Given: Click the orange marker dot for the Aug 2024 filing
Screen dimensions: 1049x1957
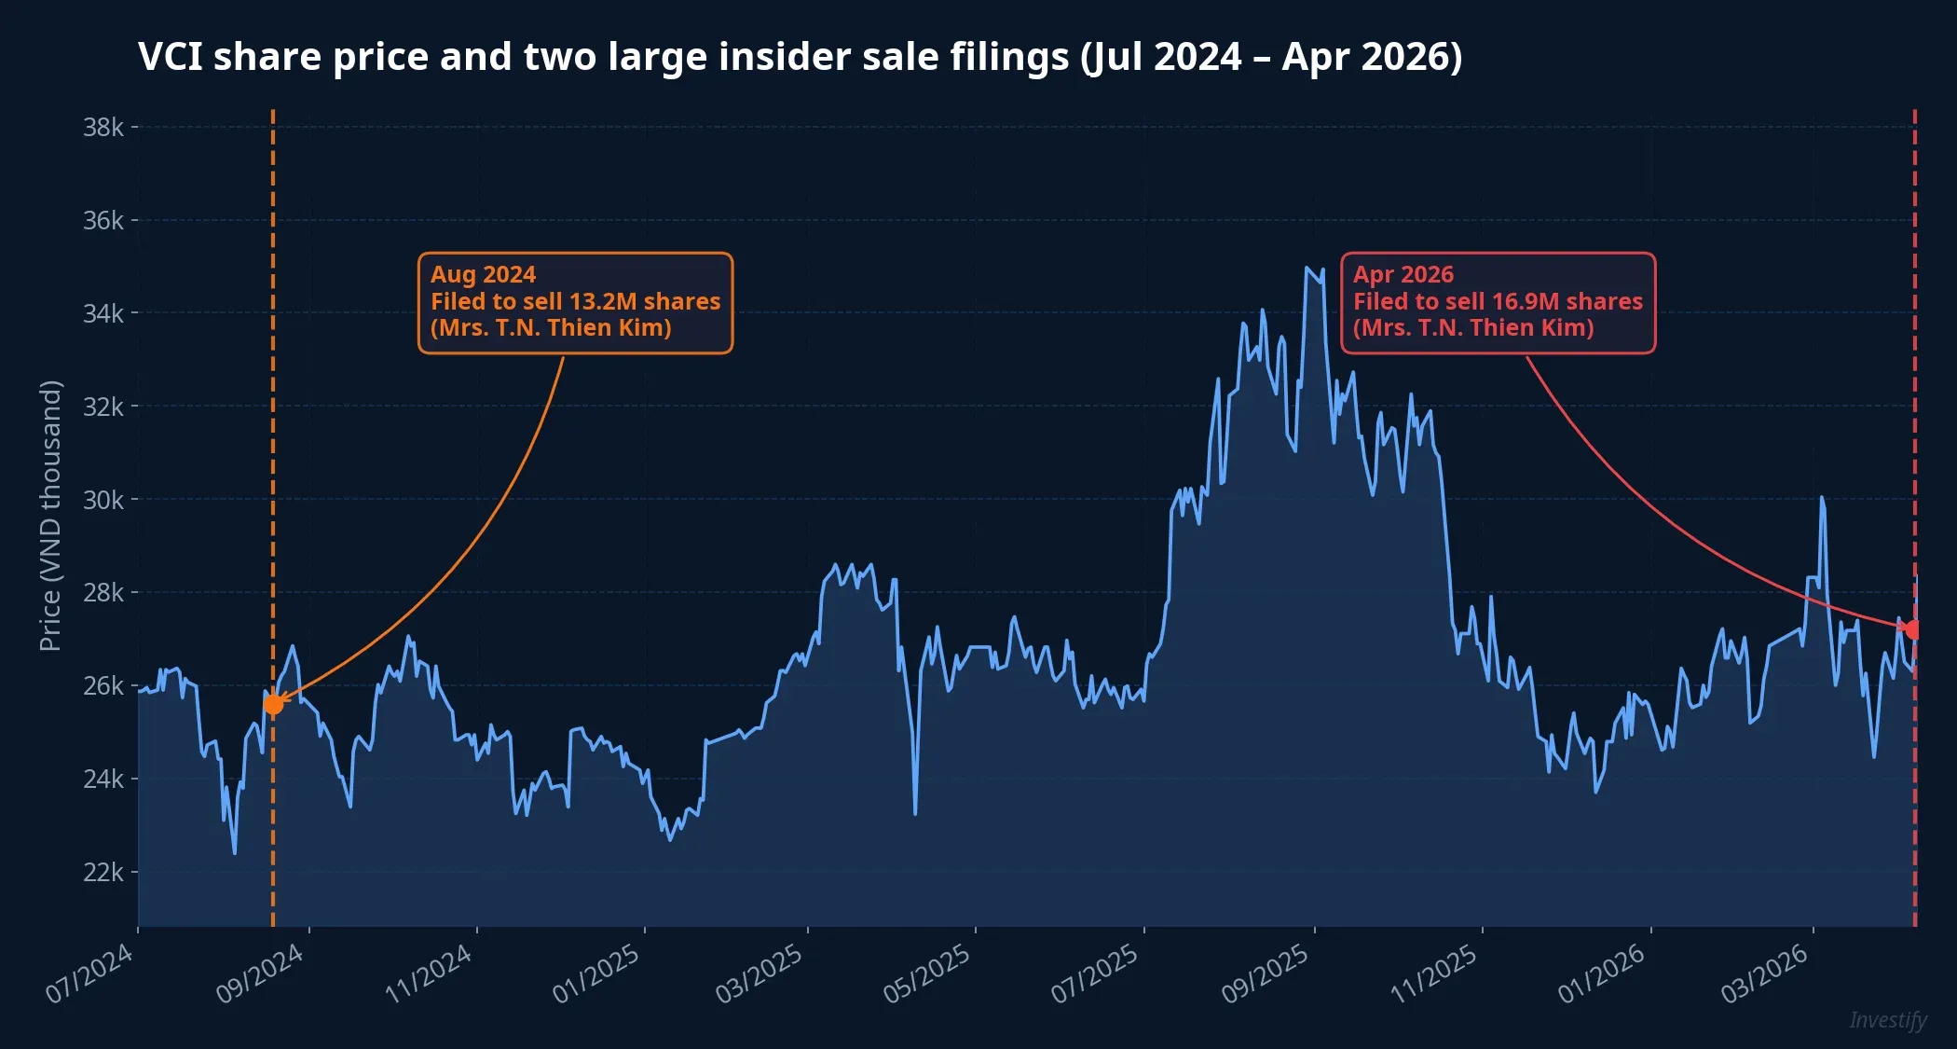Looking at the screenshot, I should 273,704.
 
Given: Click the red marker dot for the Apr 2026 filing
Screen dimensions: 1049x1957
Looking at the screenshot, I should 1912,630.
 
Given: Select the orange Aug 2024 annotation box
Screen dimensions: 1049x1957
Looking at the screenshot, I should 575,303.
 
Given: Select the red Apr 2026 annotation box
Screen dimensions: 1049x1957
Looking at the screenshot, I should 1498,303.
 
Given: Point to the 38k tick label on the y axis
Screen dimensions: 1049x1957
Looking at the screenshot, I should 103,128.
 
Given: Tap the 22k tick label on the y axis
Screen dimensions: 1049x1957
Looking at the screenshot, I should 103,873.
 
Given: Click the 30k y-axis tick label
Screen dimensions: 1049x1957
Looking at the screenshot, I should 103,501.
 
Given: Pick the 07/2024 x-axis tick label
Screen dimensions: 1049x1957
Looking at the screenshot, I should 90,973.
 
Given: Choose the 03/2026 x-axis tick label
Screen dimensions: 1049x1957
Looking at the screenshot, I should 1765,973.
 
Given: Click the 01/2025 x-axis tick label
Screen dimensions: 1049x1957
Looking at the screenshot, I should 596,973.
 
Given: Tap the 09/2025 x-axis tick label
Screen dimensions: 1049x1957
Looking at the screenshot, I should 1266,973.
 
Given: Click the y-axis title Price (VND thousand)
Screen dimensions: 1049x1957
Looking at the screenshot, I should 50,516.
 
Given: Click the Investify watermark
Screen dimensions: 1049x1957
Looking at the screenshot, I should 1888,1020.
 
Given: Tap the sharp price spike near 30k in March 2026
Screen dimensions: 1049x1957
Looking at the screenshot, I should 1822,498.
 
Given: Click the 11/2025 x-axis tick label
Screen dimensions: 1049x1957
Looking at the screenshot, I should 1434,973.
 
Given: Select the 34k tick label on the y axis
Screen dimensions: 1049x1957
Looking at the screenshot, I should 103,314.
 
